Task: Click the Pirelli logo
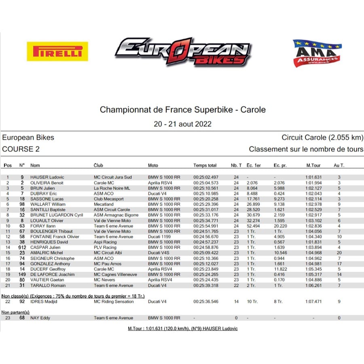(57, 51)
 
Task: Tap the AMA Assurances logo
(317, 53)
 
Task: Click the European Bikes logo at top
(183, 51)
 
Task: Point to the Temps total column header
(205, 165)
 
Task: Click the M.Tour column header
(313, 165)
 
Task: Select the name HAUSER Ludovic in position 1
(47, 177)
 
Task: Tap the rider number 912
(22, 248)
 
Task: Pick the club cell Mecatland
(104, 204)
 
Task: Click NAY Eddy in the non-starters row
(40, 318)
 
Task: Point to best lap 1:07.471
(313, 302)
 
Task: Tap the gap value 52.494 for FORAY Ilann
(253, 226)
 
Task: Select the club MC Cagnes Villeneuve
(115, 275)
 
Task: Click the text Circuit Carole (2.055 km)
(322, 138)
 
